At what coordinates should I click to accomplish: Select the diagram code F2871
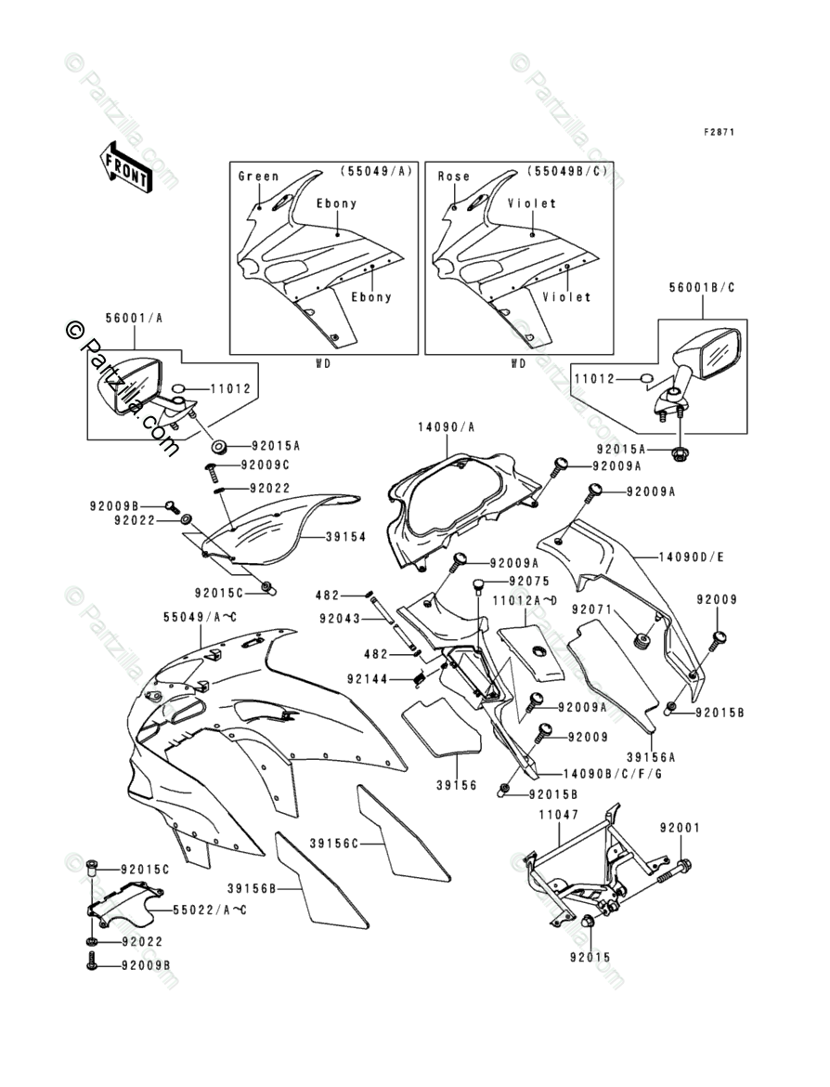tap(719, 132)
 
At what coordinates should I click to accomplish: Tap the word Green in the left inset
tap(258, 176)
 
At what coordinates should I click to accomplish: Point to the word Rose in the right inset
tap(453, 176)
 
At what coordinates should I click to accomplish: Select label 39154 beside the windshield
tap(344, 537)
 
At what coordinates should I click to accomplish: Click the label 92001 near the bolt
tap(680, 827)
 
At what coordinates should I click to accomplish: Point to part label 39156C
tap(333, 844)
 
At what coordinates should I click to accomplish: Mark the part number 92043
tap(343, 616)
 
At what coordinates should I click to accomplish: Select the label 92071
tap(592, 609)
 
